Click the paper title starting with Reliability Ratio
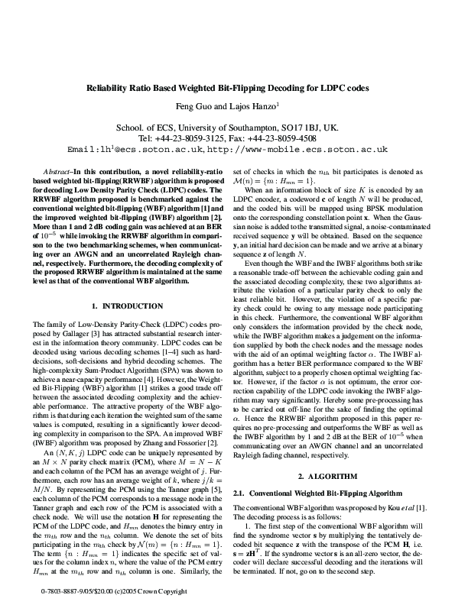[227, 88]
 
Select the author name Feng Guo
[197, 107]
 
